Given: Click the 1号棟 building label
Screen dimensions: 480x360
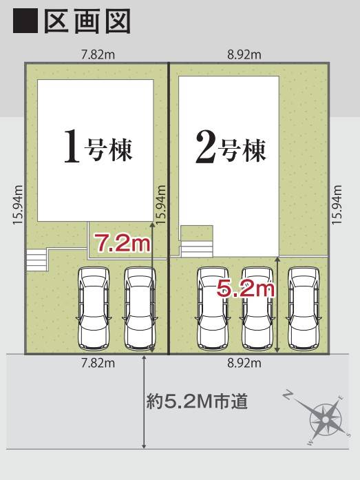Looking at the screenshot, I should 97,147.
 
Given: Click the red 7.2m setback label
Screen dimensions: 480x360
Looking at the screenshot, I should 122,242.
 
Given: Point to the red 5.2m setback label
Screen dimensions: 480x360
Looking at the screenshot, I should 246,289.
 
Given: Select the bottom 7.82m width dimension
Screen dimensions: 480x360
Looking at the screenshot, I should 97,363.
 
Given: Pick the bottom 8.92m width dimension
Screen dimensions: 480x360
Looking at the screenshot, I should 244,363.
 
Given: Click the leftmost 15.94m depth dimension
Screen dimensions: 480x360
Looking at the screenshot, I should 19,204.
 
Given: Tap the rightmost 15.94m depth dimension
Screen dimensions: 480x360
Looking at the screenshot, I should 337,204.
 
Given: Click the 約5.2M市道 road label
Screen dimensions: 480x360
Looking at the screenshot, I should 197,400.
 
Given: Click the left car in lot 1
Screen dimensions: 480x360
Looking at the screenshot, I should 93,307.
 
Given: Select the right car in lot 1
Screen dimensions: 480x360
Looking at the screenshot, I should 138,307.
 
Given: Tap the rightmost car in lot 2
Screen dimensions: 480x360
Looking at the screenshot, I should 304,307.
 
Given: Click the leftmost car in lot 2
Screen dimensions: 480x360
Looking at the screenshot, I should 211,307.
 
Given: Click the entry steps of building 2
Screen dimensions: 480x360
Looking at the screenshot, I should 196,249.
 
